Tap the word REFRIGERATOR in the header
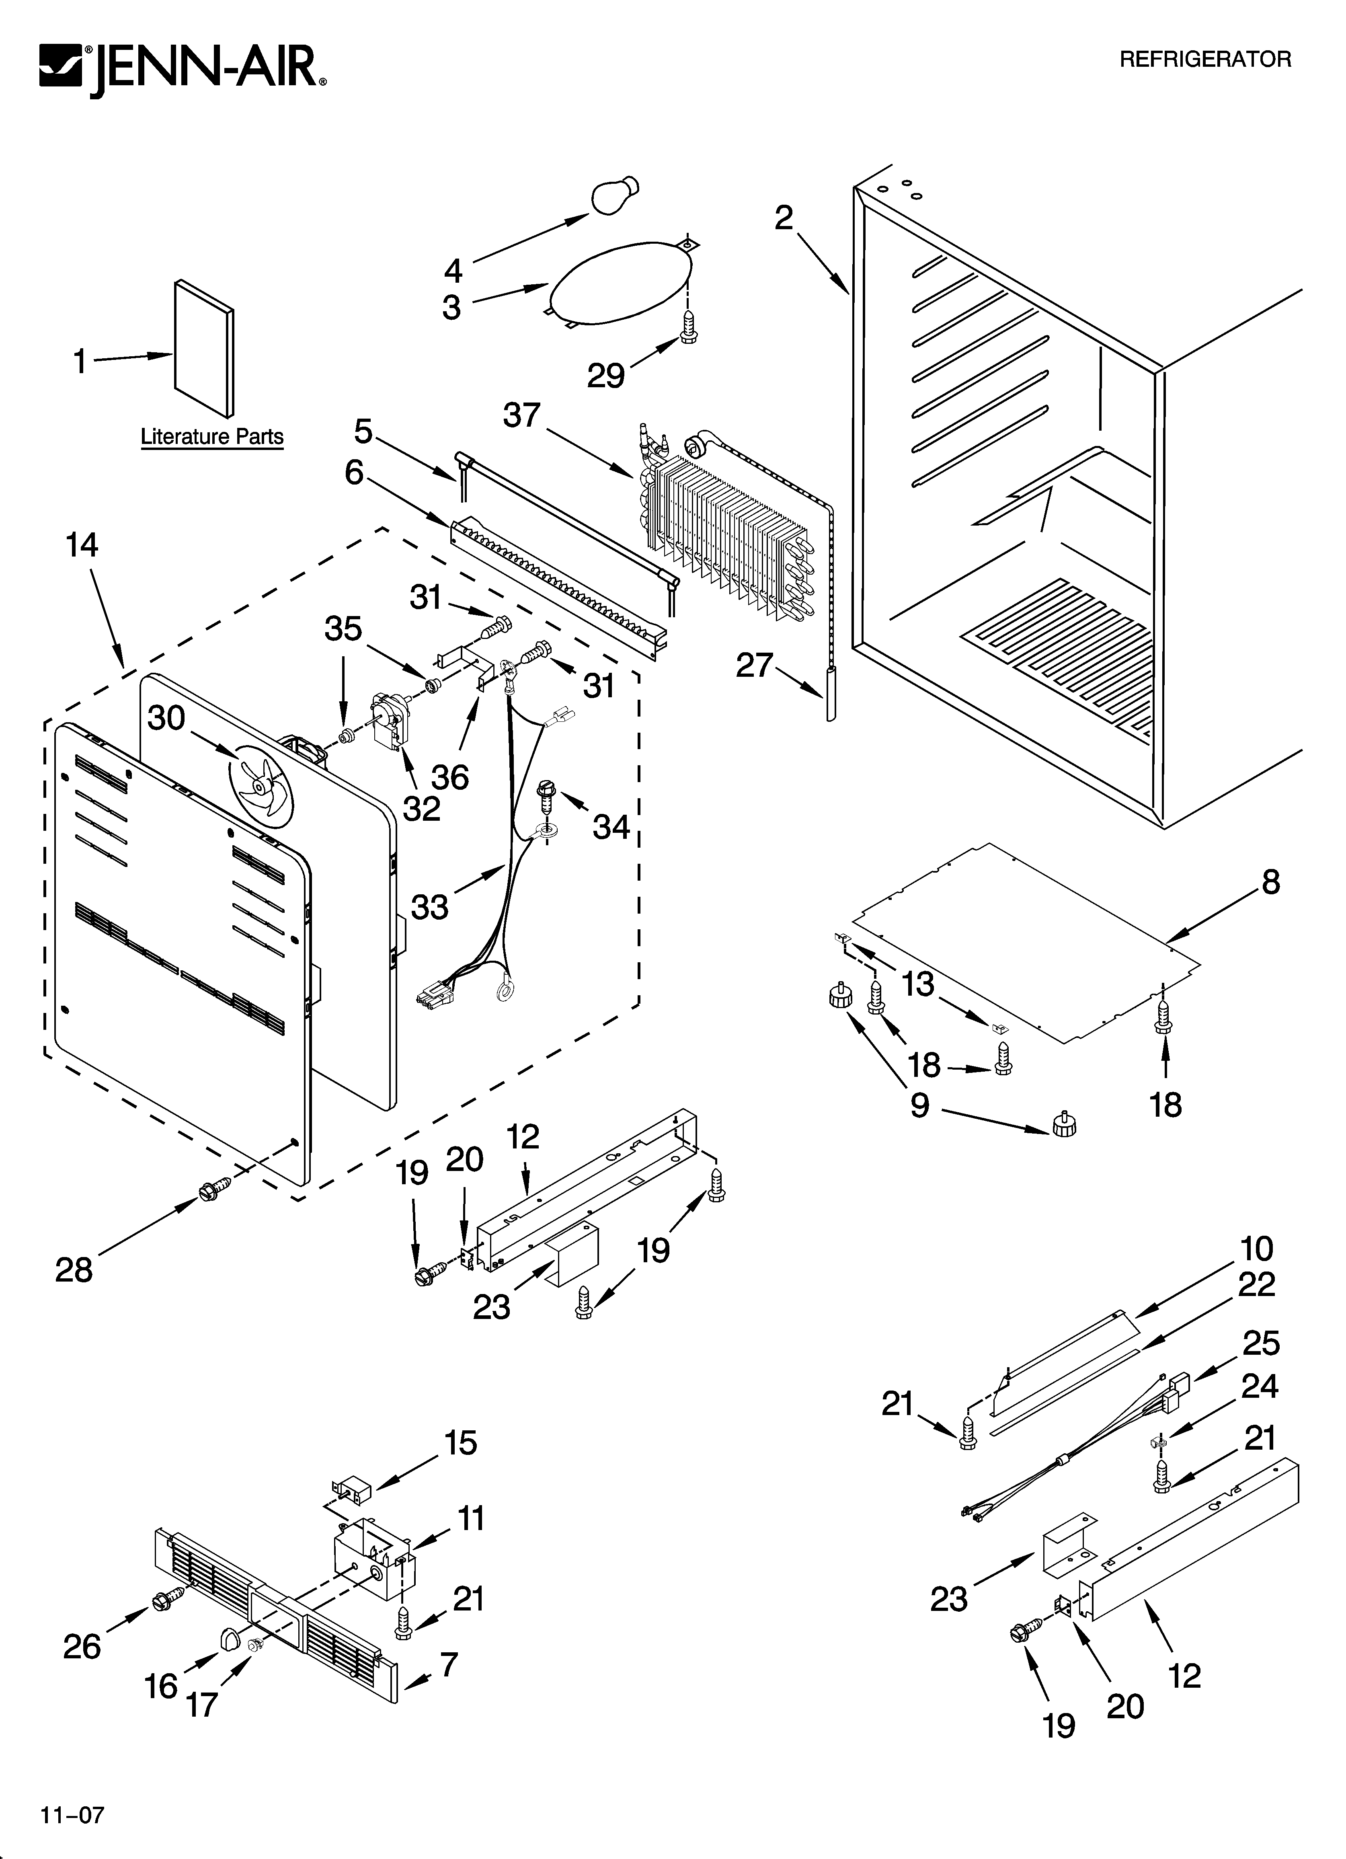point(1205,59)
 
